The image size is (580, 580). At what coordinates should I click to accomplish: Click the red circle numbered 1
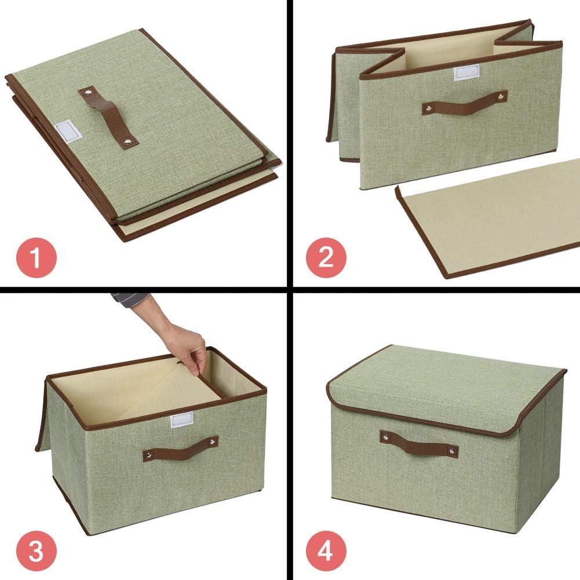coord(36,257)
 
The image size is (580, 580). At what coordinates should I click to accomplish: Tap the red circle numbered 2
coord(326,257)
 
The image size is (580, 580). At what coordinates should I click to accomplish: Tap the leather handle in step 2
coord(464,103)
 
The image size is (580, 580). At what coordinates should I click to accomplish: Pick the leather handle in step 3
coord(181,448)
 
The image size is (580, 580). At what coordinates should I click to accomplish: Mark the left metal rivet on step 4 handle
coord(385,435)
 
